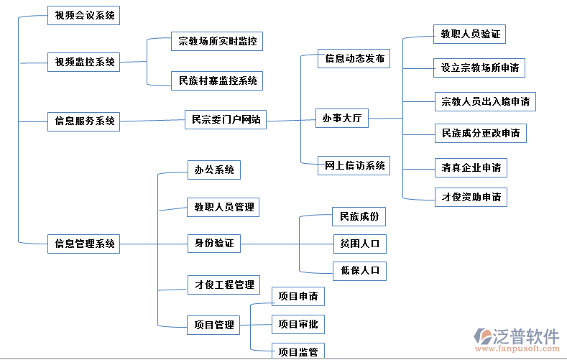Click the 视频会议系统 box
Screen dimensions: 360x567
(84, 15)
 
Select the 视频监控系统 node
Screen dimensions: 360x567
(84, 62)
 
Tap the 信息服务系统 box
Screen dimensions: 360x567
(84, 121)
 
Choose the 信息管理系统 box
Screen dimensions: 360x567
(84, 244)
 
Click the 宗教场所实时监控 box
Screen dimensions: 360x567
(217, 42)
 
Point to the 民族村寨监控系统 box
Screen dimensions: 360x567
(217, 80)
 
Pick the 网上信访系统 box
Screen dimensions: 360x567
(354, 165)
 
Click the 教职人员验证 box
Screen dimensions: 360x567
(471, 34)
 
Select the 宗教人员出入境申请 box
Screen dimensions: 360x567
(485, 101)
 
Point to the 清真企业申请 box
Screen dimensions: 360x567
(471, 167)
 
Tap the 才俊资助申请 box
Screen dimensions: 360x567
(471, 197)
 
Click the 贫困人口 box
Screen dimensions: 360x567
(359, 244)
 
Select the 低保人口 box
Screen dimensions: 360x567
(359, 270)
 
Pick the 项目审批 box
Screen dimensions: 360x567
(298, 324)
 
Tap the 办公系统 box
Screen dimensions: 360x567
(213, 170)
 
